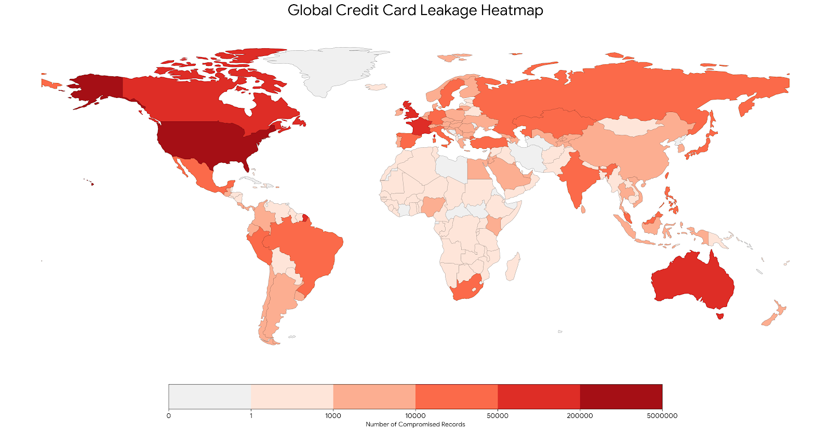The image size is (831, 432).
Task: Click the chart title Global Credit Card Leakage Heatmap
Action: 415,10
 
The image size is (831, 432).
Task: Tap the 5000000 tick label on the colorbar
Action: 662,415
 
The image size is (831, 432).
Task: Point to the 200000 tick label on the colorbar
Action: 580,415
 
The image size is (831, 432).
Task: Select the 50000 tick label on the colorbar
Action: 498,415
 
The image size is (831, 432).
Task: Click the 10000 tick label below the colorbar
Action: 415,415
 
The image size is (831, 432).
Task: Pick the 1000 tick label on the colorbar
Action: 333,415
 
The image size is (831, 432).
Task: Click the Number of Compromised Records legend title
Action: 415,424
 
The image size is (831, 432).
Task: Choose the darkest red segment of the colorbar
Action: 621,397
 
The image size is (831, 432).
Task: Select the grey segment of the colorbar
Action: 209,397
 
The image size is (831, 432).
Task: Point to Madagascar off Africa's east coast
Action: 512,268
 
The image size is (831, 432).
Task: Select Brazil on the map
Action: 306,249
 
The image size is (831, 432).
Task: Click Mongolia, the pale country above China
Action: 631,126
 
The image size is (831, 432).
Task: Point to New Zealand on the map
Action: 774,314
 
